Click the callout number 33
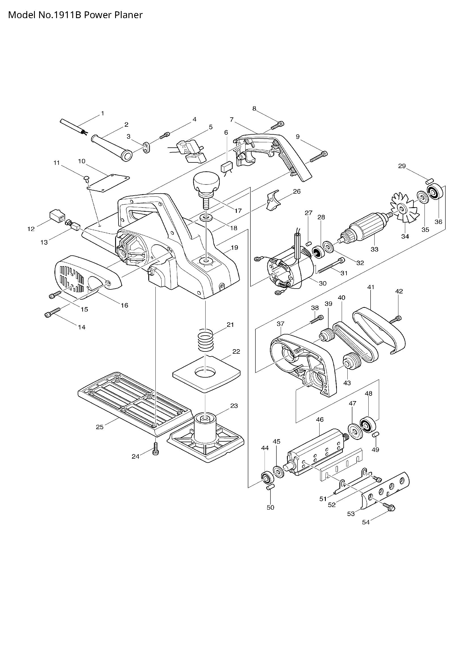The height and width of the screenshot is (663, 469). click(374, 249)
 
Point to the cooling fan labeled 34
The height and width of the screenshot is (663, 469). click(400, 209)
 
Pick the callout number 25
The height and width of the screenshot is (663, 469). click(100, 427)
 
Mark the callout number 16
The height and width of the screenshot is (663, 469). click(124, 305)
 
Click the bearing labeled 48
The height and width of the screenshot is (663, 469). click(369, 425)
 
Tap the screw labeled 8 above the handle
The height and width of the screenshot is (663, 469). click(277, 125)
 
